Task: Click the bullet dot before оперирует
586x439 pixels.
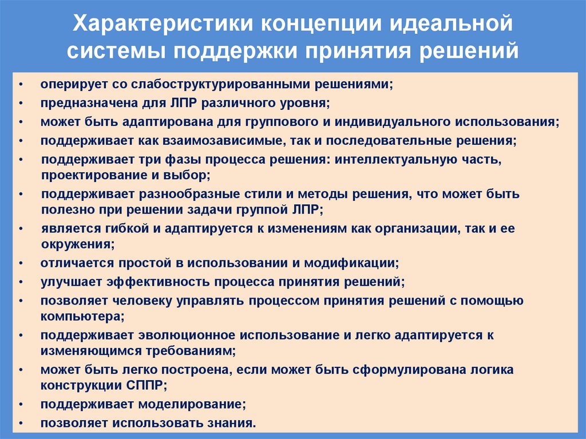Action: tap(21, 84)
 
